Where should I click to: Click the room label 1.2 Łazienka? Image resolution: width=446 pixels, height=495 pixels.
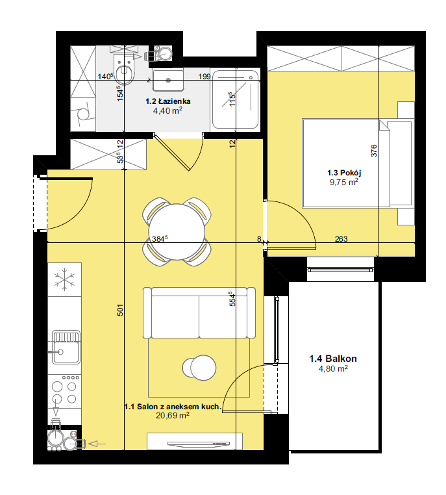point(167,101)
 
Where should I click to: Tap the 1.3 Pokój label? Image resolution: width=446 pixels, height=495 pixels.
point(344,173)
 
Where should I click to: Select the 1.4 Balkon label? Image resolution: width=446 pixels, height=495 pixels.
point(333,359)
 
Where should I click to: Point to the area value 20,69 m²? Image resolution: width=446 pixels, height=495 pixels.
point(173,416)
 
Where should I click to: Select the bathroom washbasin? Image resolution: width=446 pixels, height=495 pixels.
point(168,80)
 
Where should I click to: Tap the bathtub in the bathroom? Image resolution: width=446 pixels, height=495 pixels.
point(235,100)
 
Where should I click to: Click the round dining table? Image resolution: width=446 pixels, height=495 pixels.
point(177,232)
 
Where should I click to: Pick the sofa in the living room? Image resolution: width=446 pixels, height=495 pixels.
point(199,312)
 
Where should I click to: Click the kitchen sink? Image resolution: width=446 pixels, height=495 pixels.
point(66,347)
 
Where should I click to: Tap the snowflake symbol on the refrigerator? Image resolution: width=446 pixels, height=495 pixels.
point(64,279)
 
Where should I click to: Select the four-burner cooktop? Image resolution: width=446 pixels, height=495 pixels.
point(65,390)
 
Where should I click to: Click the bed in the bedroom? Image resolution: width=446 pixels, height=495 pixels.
point(357,163)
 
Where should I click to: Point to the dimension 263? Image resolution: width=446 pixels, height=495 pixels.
point(341,238)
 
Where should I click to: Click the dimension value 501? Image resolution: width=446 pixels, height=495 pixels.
point(120,310)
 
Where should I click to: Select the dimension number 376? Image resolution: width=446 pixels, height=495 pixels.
point(374,151)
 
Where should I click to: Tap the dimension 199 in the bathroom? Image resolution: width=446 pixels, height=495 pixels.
point(204,77)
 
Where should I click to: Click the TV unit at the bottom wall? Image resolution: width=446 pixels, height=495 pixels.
point(195,441)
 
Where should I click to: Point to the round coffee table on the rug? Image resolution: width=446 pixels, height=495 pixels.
point(199,368)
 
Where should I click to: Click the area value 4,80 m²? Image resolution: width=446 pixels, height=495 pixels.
point(333,368)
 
